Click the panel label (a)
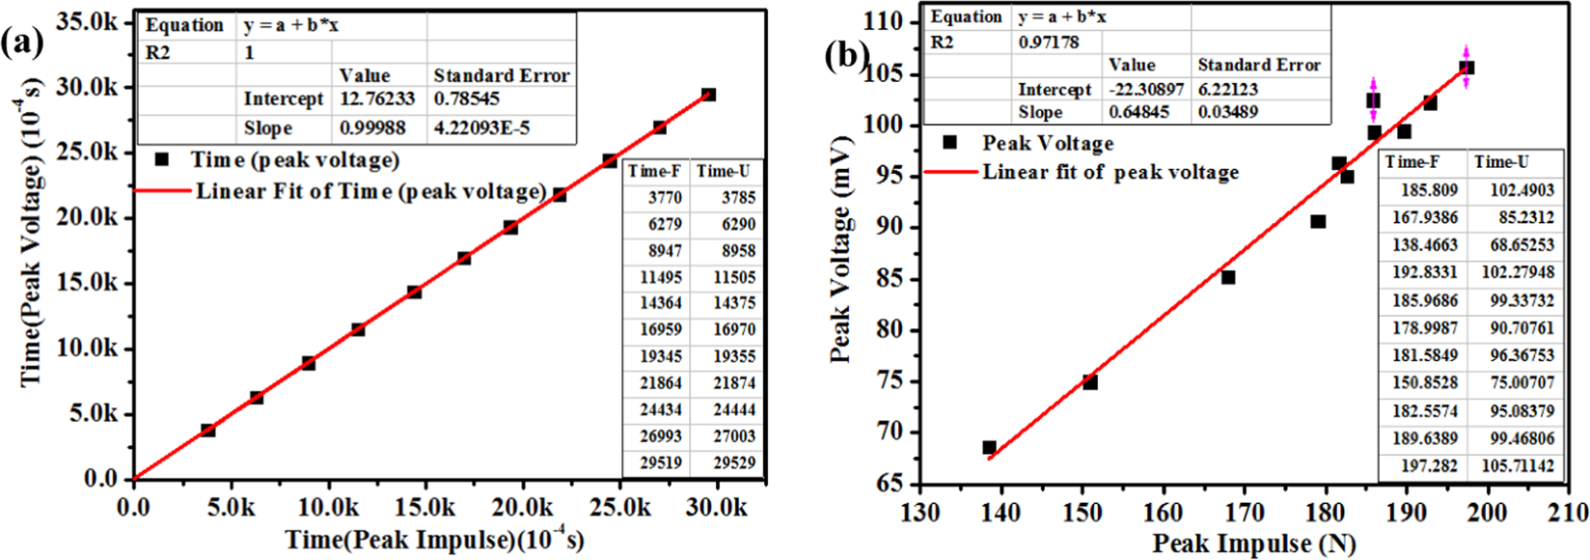coord(20,43)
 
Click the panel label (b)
coord(846,56)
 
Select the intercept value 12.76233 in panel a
coord(377,99)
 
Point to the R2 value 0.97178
coord(1049,42)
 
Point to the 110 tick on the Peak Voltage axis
coord(884,21)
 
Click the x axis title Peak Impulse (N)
coord(1253,543)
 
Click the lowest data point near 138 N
coord(989,447)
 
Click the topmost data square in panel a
coord(708,95)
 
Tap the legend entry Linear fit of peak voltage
coord(1110,172)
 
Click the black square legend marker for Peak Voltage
coord(949,143)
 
